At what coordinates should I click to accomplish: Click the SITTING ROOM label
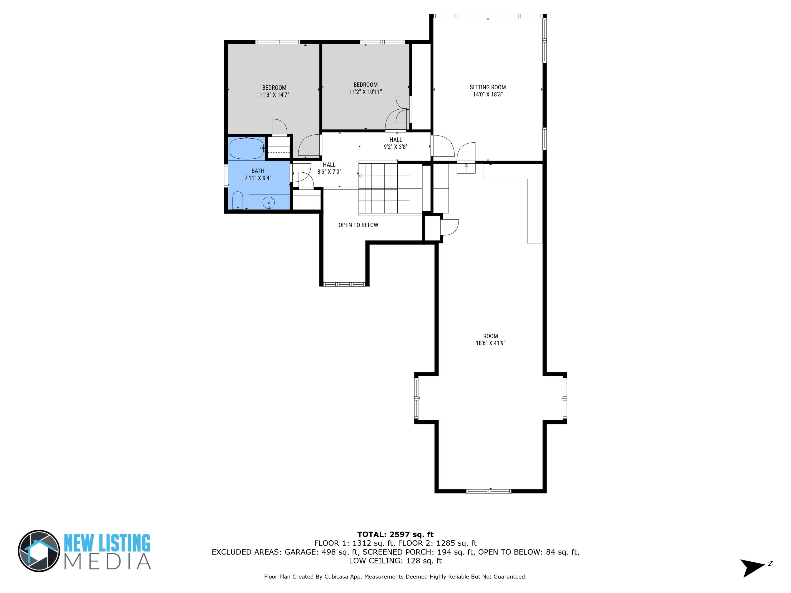coord(488,87)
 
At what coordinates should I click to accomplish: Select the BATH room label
coord(258,171)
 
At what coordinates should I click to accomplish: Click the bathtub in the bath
coord(246,148)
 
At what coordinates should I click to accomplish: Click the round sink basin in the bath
coord(269,203)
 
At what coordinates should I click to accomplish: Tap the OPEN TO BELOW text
coord(358,225)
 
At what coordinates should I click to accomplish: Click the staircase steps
coord(378,188)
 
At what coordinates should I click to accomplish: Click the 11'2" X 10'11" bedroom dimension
coord(365,92)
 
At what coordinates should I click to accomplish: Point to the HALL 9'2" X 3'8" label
coord(395,143)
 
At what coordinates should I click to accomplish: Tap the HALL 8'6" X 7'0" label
coord(329,168)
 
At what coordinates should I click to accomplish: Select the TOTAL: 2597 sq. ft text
coord(395,534)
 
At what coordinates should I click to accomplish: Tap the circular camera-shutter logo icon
coord(39,551)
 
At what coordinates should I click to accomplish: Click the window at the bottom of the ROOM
coord(489,491)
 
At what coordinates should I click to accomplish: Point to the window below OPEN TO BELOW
coord(344,285)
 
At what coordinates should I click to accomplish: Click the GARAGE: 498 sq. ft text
coord(322,552)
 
